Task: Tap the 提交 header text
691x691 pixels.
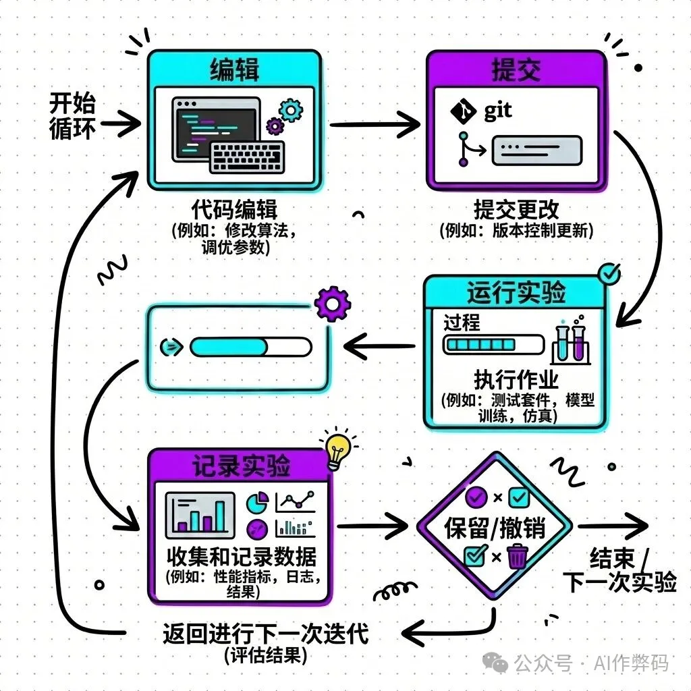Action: pyautogui.click(x=516, y=70)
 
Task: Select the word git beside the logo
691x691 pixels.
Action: pyautogui.click(x=498, y=111)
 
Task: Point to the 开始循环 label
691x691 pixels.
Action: pyautogui.click(x=72, y=116)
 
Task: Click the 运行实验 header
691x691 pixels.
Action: pyautogui.click(x=516, y=293)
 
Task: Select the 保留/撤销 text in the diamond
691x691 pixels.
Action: pyautogui.click(x=495, y=528)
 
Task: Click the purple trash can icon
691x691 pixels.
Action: pyautogui.click(x=516, y=557)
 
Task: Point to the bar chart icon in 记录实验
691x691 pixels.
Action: pyautogui.click(x=200, y=513)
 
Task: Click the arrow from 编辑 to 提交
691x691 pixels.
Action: pyautogui.click(x=375, y=123)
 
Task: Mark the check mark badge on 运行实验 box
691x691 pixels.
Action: pyautogui.click(x=609, y=273)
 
